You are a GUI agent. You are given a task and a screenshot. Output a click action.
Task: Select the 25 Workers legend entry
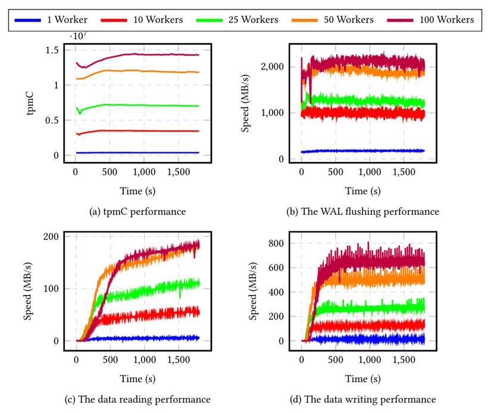252,20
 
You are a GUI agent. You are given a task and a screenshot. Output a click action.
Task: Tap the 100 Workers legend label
447,20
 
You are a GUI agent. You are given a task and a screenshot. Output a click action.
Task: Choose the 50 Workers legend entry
349,20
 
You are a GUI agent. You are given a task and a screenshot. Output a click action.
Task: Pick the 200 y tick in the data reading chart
58,236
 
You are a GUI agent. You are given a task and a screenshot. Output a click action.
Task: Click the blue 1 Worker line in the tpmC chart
137,153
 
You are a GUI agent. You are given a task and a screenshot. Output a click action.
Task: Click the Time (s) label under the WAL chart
364,191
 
